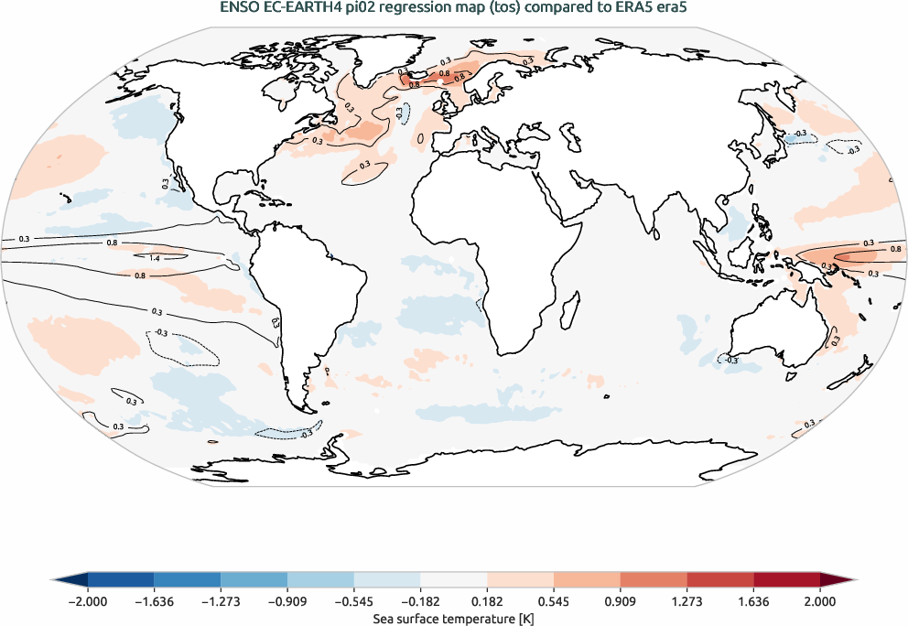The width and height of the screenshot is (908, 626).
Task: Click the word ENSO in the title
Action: [x=240, y=9]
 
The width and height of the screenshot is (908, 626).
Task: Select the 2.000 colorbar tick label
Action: [x=820, y=601]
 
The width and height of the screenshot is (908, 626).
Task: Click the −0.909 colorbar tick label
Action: [x=286, y=601]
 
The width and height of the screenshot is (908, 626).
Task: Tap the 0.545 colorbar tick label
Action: [x=554, y=601]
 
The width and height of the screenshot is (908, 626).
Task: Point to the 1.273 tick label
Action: [x=686, y=601]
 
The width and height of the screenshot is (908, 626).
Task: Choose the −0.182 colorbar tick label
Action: [x=420, y=601]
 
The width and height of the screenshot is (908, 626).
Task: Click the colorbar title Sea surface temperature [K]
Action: [x=453, y=619]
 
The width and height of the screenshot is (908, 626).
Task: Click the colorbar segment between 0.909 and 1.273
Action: [x=654, y=579]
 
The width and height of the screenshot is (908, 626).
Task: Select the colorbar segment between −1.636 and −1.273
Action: [x=187, y=579]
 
